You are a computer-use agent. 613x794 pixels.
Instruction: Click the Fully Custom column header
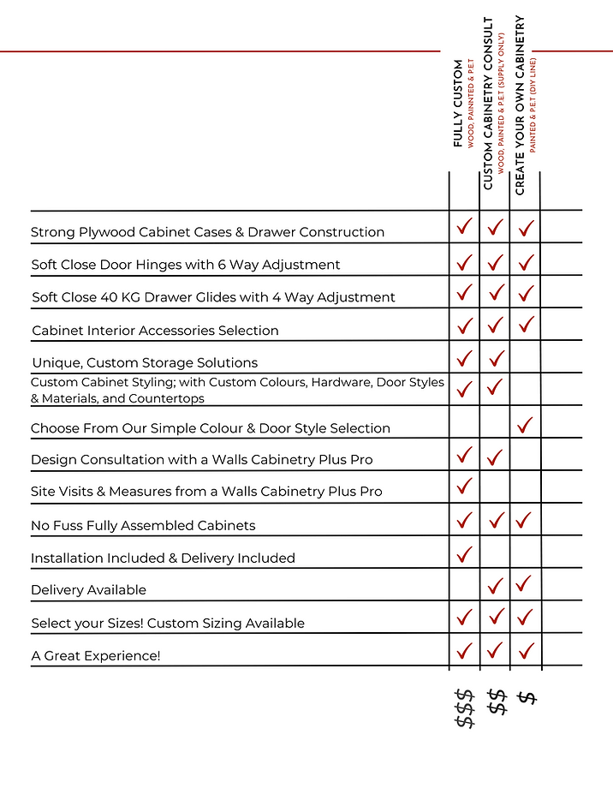[x=459, y=103]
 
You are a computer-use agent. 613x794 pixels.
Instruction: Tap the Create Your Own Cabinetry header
[x=520, y=104]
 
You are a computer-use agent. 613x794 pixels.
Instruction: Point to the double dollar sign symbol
[x=496, y=702]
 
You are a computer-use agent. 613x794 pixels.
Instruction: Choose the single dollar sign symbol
[x=527, y=696]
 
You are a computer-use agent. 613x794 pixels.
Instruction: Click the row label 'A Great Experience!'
[x=96, y=655]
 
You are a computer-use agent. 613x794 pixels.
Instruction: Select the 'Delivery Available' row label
[x=88, y=589]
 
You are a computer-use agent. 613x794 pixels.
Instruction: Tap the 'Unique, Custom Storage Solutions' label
[x=144, y=362]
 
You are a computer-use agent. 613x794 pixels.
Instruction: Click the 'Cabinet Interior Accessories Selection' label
[x=155, y=330]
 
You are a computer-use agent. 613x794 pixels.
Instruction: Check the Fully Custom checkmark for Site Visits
[x=465, y=487]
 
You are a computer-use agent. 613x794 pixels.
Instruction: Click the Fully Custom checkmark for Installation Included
[x=465, y=553]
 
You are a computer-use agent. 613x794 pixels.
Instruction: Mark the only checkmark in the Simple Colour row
[x=526, y=423]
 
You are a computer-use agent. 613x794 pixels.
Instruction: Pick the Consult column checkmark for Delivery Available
[x=495, y=586]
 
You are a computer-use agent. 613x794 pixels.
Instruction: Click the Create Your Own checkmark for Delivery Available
[x=526, y=584]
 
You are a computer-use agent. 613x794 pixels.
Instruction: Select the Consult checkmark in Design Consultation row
[x=495, y=457]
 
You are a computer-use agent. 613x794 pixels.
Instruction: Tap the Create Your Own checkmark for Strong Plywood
[x=526, y=228]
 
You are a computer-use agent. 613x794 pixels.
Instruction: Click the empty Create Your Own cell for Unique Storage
[x=526, y=357]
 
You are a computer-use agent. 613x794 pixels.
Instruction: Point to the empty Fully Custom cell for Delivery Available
[x=465, y=585]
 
